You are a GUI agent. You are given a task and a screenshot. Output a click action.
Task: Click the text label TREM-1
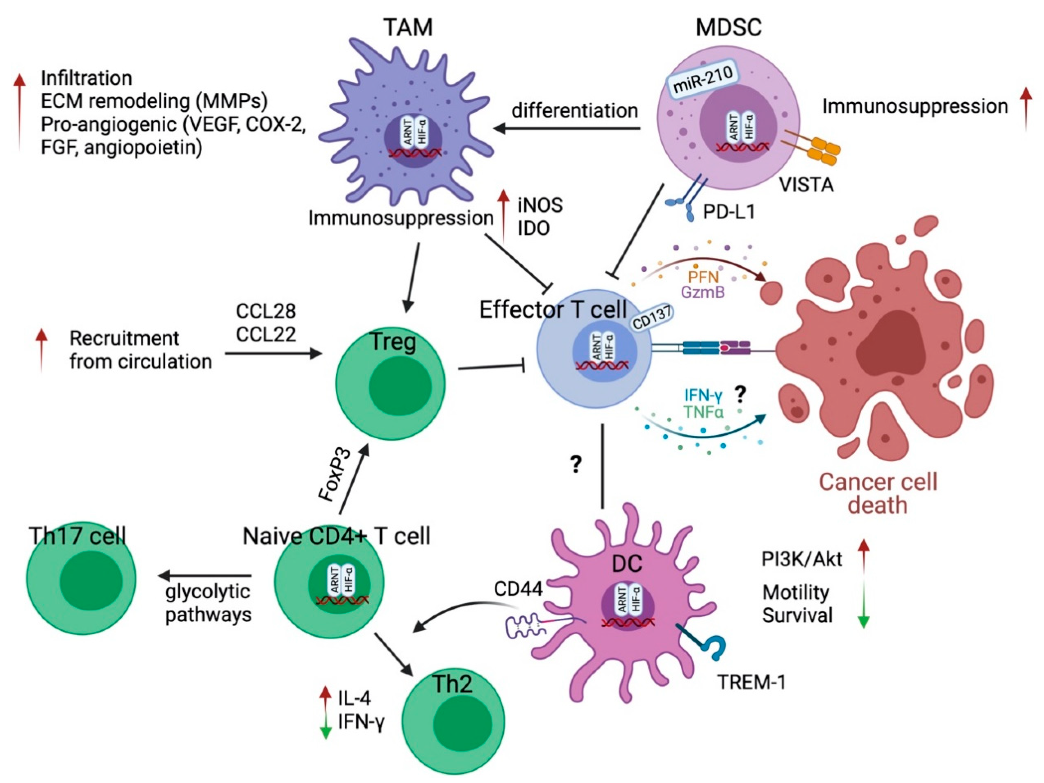[x=751, y=682]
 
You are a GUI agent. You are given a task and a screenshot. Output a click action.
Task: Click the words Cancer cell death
[x=878, y=493]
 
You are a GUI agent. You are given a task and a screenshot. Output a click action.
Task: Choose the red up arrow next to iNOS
[x=504, y=216]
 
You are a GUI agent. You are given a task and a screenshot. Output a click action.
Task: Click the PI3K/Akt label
[x=802, y=559]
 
